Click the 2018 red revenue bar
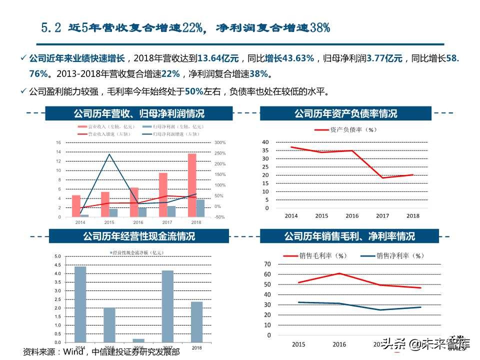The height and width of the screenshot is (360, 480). coord(192,185)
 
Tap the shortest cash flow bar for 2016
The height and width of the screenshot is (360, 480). coord(138,340)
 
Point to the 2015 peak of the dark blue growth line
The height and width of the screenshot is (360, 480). coord(109,154)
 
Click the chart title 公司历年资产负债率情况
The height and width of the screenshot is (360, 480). coord(345,113)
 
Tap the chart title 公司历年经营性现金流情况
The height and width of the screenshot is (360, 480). coord(139,236)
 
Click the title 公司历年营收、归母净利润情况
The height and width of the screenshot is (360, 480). coord(139,113)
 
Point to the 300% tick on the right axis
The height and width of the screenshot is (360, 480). coord(220,142)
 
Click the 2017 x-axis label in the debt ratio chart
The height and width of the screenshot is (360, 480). coord(382,215)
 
